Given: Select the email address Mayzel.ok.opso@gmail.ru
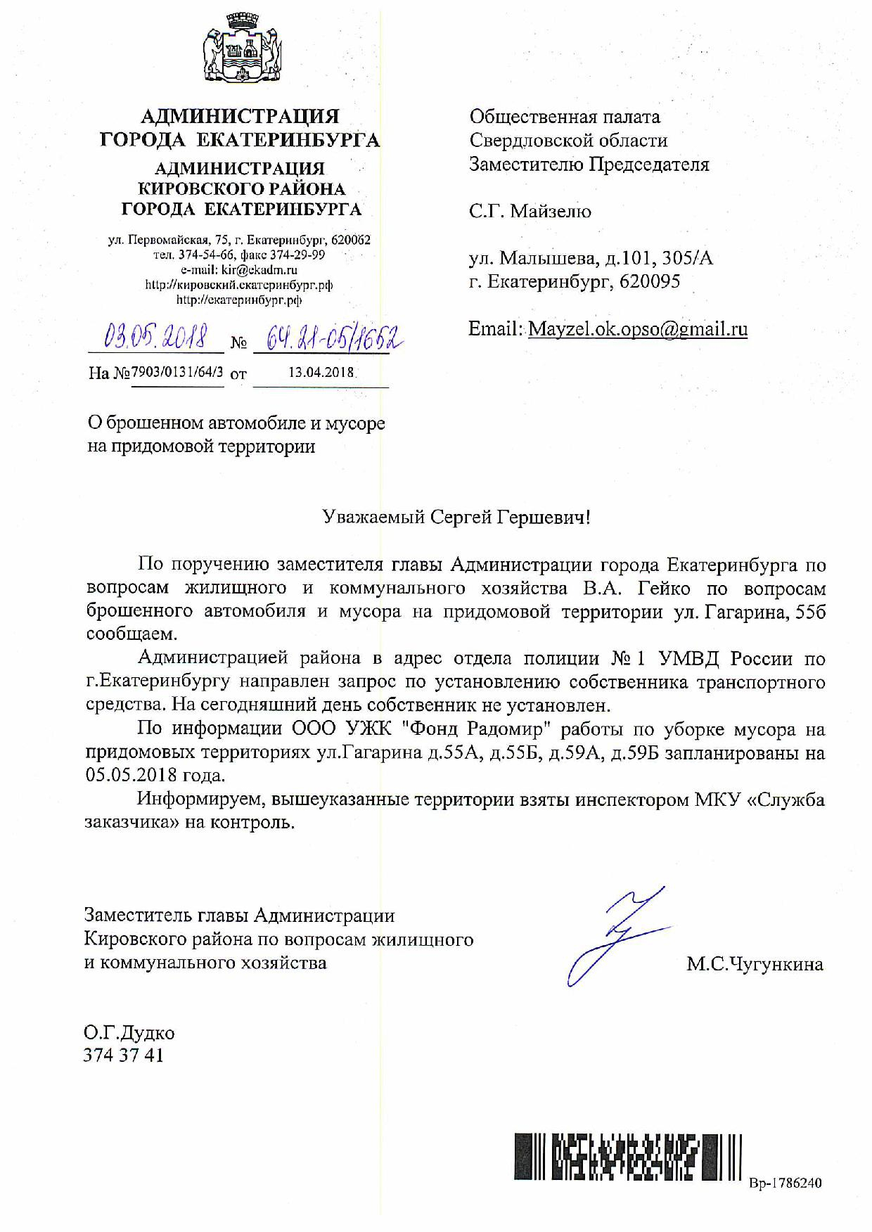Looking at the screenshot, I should coord(637,329).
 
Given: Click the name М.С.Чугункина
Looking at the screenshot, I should coord(755,963).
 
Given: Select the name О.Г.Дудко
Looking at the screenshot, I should coord(129,1033).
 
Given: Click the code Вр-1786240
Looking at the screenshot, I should coord(785,1183).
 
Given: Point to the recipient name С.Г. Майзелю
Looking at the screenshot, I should coord(530,211).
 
